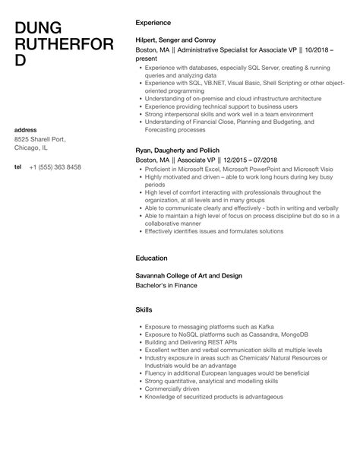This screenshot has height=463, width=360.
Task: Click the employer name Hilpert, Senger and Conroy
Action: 175,40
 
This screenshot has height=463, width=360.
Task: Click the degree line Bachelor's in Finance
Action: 165,285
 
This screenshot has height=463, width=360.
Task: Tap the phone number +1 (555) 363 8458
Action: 55,166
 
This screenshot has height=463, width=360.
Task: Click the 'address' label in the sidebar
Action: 27,129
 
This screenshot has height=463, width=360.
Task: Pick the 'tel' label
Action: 18,166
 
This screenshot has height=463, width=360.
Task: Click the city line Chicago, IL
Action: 33,149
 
